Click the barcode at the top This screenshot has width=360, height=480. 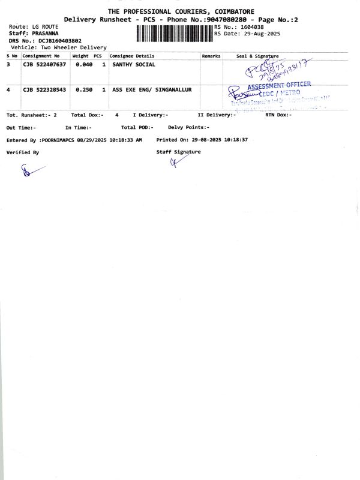(x=175, y=34)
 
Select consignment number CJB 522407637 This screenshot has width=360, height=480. (x=44, y=64)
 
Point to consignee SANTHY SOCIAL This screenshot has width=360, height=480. (x=134, y=64)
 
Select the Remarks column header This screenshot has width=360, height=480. (x=211, y=56)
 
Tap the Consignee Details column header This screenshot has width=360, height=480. (x=131, y=56)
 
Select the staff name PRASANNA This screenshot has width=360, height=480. (x=45, y=34)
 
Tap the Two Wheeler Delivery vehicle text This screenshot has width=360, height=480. (x=74, y=47)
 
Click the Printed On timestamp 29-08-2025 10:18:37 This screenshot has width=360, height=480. (x=223, y=140)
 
